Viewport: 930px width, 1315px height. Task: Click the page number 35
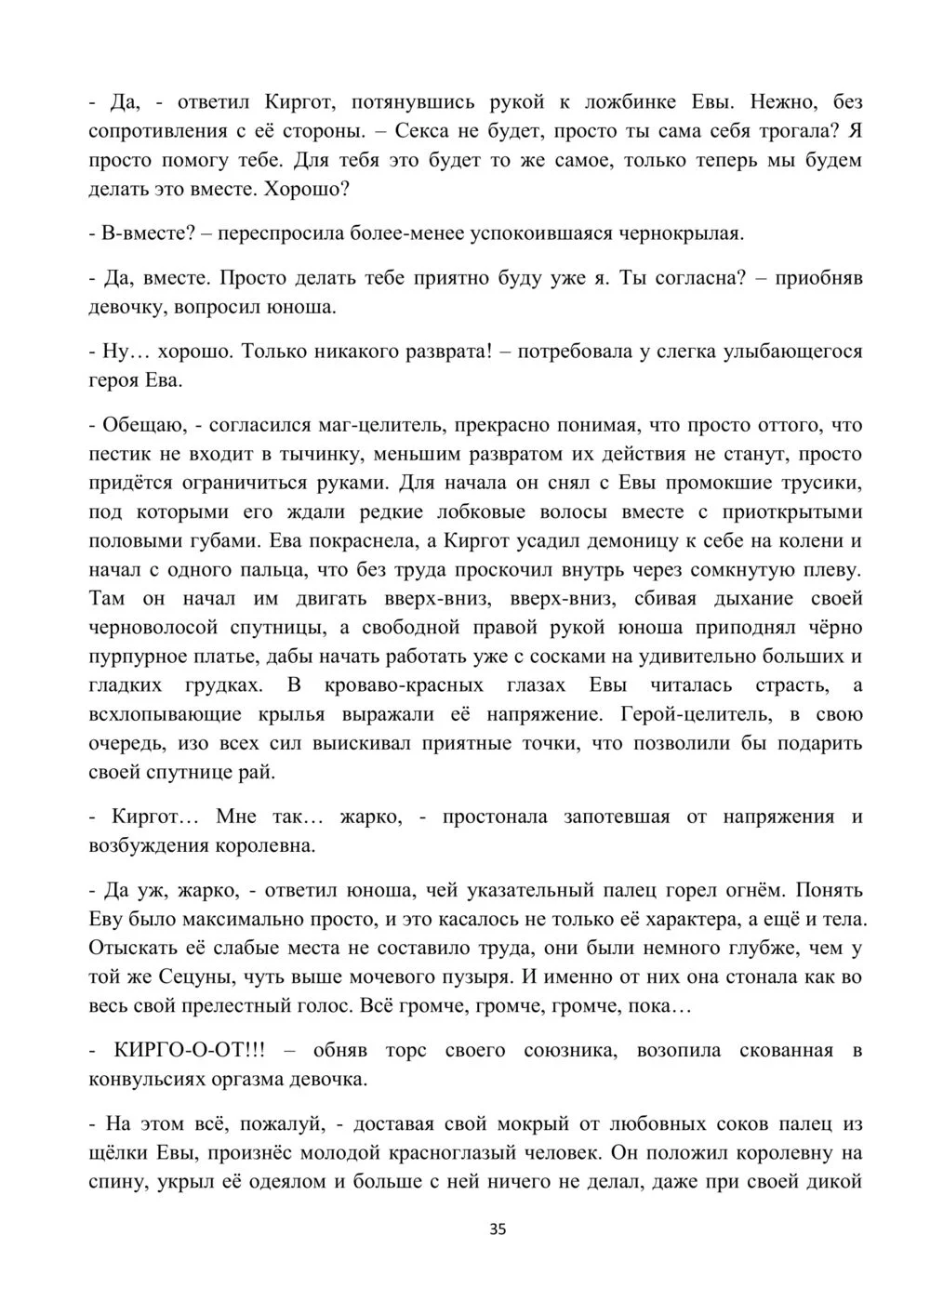coord(498,1229)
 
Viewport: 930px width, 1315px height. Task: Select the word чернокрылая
coord(686,233)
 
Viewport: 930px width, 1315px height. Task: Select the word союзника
coord(572,1051)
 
